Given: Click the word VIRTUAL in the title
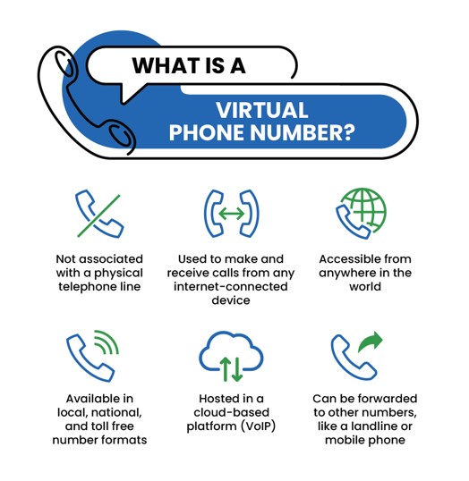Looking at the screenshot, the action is (x=261, y=110).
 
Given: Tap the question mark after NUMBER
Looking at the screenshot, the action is (x=348, y=132).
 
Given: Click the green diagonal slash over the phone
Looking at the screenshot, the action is (x=98, y=215).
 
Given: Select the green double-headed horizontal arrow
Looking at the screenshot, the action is (x=232, y=214).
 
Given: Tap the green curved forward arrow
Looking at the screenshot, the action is (x=371, y=342).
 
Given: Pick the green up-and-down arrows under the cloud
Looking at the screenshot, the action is (x=231, y=369).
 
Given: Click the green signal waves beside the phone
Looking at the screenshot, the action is (x=107, y=342).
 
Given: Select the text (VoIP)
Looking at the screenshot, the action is (x=258, y=426).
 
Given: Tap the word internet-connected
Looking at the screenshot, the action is (x=231, y=286).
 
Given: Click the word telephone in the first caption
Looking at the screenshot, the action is (x=86, y=287).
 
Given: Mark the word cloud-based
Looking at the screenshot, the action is (x=231, y=412).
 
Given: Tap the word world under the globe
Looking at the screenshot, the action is (x=365, y=286).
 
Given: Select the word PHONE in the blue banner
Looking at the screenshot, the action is (x=208, y=132).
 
